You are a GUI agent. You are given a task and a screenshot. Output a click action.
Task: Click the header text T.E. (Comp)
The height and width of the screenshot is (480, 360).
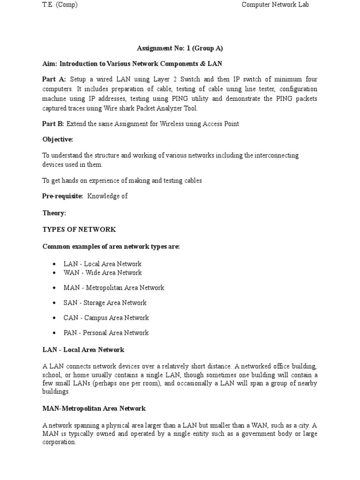coord(60,5)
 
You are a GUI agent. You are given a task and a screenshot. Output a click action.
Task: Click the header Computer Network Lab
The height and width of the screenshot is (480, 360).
coord(275,5)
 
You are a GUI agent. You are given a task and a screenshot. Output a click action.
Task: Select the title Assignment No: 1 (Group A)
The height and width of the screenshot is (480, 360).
coord(180,48)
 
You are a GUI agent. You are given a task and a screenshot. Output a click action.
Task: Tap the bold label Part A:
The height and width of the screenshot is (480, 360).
coord(54,79)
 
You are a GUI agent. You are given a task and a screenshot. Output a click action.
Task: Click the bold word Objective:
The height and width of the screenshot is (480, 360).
coord(58,140)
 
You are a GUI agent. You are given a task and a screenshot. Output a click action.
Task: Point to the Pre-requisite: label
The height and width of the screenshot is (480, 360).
coord(62,196)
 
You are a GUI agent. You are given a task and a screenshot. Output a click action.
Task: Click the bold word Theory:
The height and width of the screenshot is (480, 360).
coord(54,213)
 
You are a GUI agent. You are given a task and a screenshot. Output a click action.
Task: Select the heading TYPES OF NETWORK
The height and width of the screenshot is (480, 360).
coord(79,229)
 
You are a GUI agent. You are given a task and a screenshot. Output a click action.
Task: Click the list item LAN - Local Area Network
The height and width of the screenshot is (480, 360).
coord(102,264)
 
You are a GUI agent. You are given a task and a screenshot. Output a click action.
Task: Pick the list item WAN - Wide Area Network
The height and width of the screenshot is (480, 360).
coord(102,272)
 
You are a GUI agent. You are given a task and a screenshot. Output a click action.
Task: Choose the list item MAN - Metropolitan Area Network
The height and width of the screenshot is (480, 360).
coord(113,287)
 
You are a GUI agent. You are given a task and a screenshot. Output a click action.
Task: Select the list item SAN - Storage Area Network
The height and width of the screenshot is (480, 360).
coord(105,302)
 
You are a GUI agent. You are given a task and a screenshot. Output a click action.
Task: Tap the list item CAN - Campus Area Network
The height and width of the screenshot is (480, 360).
coord(106,317)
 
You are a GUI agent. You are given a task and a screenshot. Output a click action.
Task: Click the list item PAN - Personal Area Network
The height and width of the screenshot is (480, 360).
coord(106,332)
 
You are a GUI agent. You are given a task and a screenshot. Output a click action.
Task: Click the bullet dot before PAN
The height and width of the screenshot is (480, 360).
coord(54,333)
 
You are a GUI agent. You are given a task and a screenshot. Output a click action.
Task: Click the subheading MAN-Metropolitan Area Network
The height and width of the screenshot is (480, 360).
coord(94,408)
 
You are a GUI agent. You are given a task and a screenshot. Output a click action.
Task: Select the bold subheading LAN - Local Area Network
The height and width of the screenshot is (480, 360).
coord(83,350)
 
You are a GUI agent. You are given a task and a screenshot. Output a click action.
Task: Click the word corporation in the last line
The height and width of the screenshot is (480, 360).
coord(59,442)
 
